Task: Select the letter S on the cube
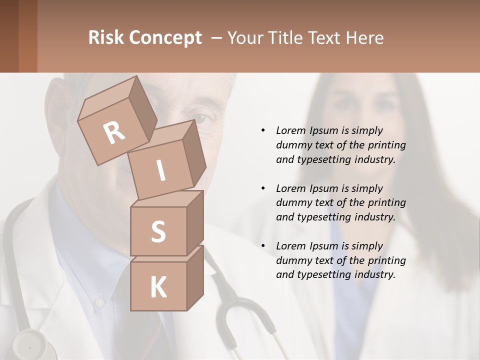(158, 231)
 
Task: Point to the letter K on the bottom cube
(158, 287)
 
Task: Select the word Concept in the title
(165, 38)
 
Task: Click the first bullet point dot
(263, 130)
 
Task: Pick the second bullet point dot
(263, 188)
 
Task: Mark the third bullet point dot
(263, 246)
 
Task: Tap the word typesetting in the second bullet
(324, 217)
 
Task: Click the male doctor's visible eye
(201, 119)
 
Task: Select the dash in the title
(216, 38)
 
